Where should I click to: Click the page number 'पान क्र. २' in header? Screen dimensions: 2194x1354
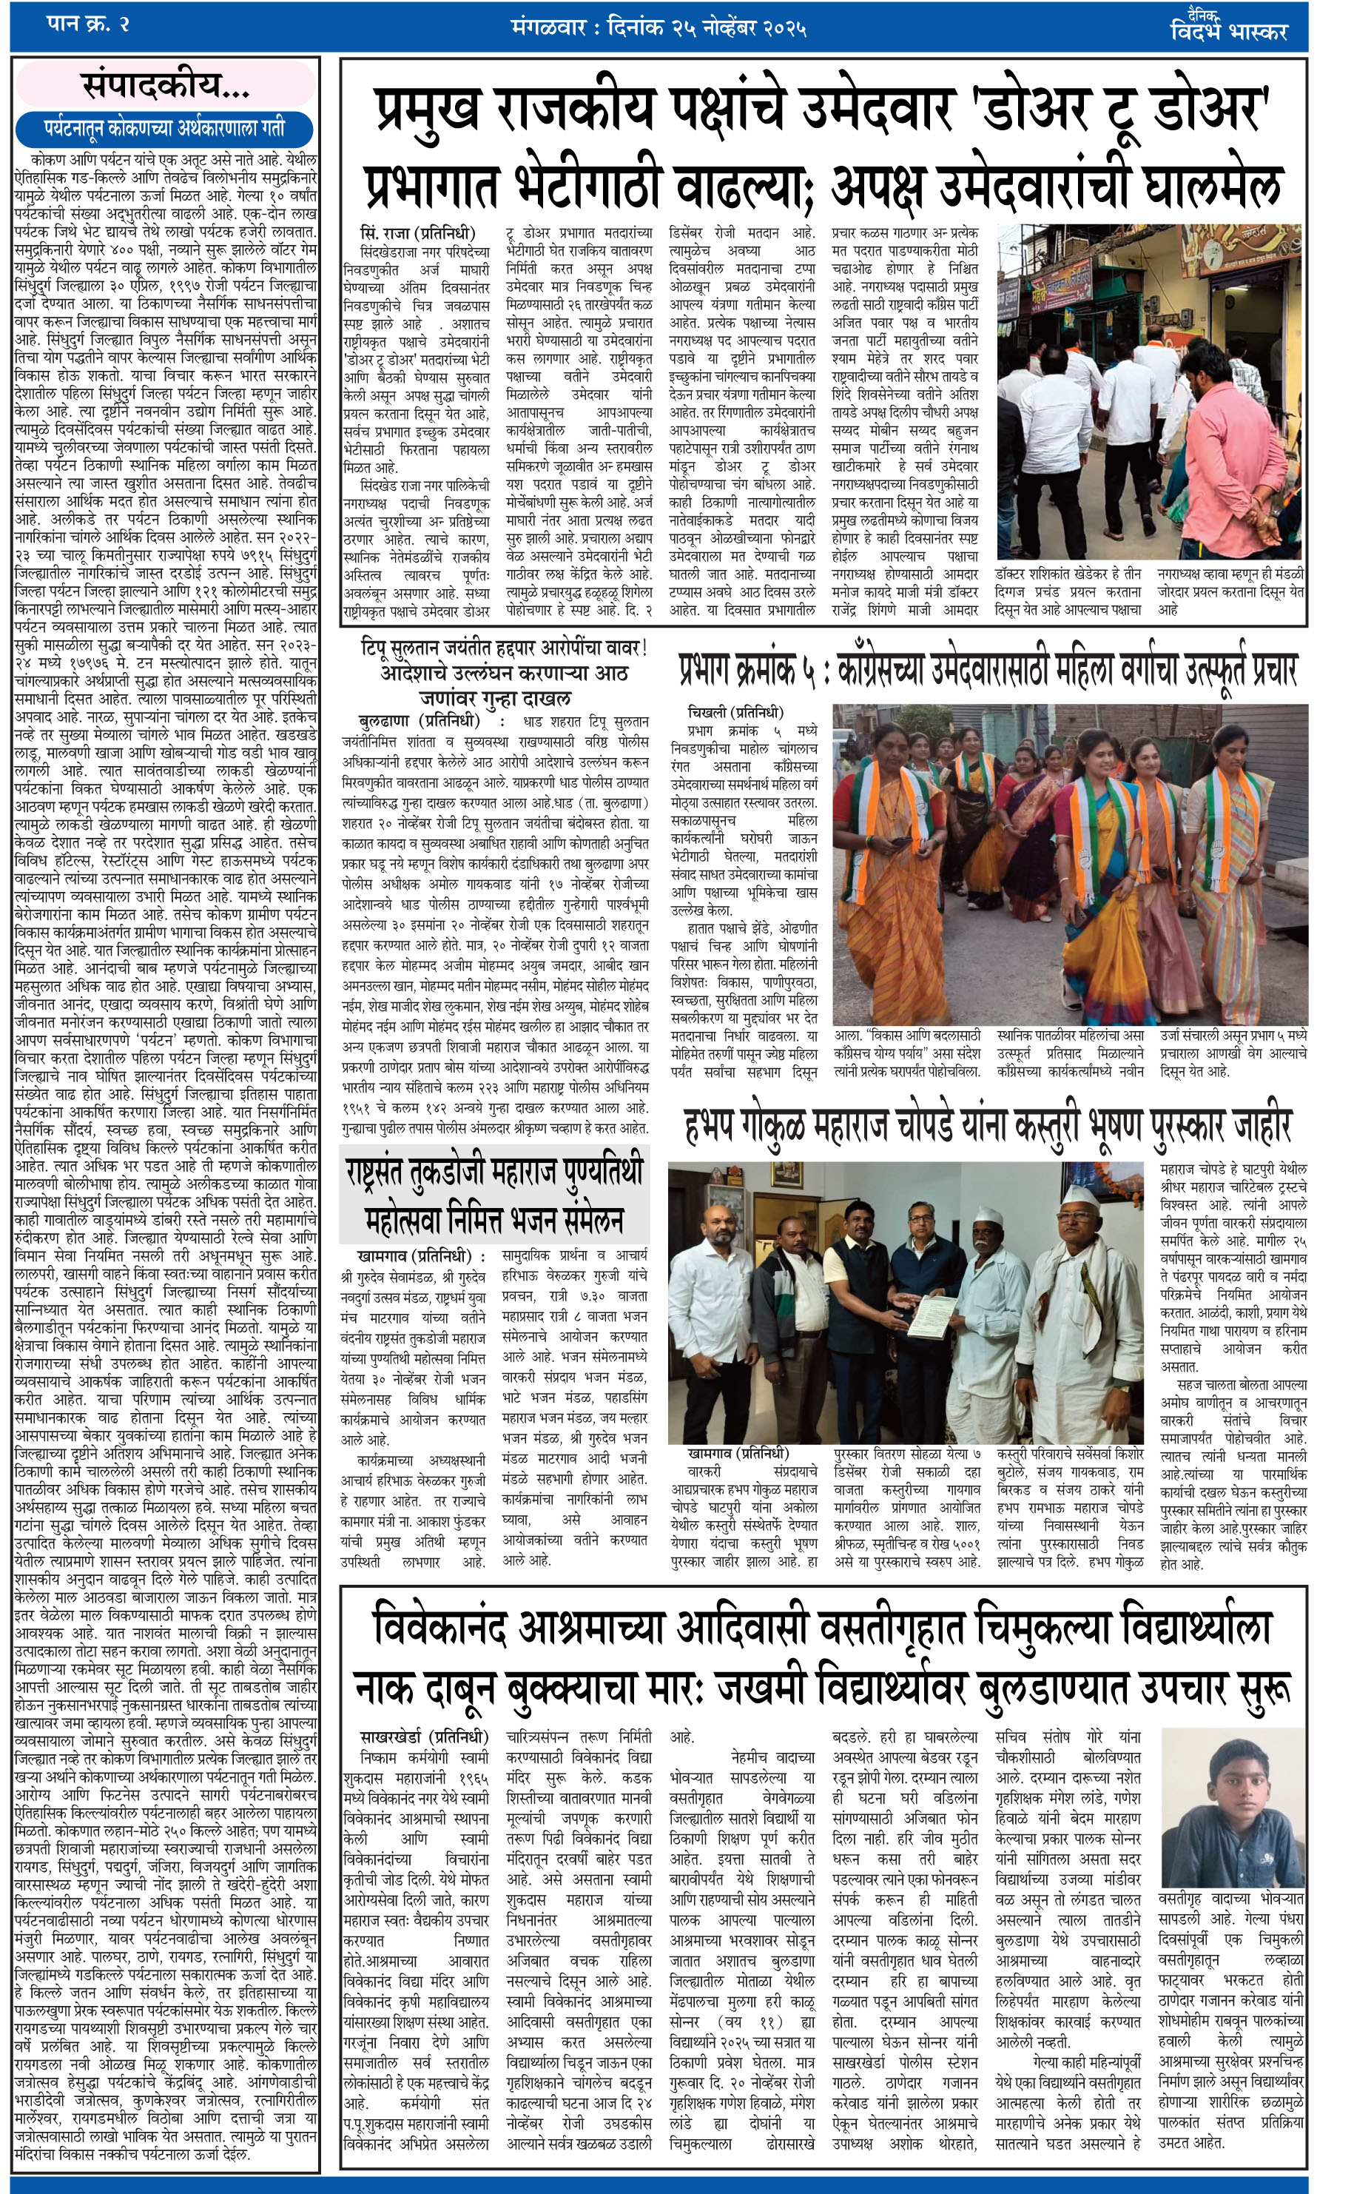(x=88, y=24)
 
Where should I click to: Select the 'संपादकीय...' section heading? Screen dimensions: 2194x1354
(x=166, y=86)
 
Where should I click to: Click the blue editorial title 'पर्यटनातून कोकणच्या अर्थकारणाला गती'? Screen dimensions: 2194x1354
(x=165, y=128)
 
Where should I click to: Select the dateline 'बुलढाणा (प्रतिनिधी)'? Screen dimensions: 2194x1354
(x=419, y=720)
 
